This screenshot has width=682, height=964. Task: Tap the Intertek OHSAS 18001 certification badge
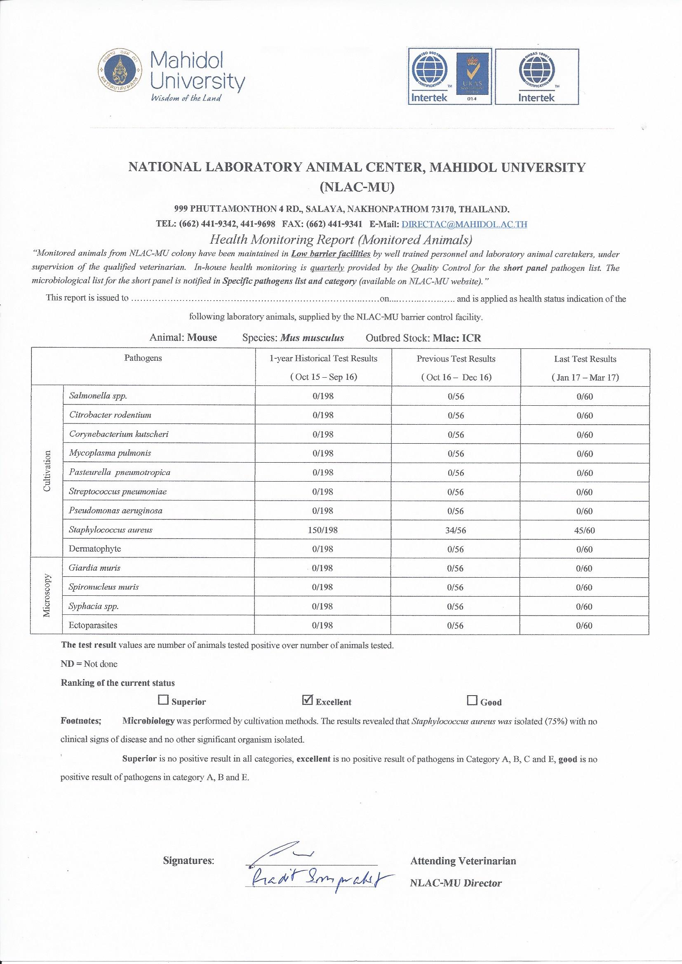tap(536, 76)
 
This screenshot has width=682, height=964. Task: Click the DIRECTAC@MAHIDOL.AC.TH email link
tap(464, 224)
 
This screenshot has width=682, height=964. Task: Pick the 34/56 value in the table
tap(456, 530)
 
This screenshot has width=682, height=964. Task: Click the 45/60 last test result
tap(585, 530)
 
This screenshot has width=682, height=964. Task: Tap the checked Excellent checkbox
tap(308, 700)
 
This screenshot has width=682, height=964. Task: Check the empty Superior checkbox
tap(162, 700)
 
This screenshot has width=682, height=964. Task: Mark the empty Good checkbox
tap(472, 700)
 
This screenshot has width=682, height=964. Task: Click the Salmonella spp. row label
tap(98, 395)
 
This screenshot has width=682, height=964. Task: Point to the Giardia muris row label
tap(94, 568)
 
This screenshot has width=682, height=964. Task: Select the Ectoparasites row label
tap(93, 625)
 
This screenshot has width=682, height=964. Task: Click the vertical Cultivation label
tap(47, 472)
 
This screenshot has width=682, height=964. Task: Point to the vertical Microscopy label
tap(47, 595)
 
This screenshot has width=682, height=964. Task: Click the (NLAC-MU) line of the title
tap(357, 187)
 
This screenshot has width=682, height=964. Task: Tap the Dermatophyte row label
tap(94, 549)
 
